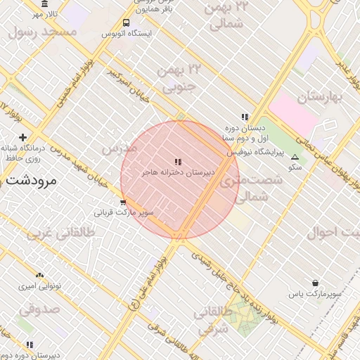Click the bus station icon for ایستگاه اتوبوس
click(125, 22)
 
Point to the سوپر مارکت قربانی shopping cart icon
click(123, 202)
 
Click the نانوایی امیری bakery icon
click(39, 276)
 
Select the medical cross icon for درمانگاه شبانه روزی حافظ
click(23, 137)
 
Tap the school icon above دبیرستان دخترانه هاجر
click(178, 162)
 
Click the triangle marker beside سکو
click(294, 157)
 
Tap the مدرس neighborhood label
click(118, 149)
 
